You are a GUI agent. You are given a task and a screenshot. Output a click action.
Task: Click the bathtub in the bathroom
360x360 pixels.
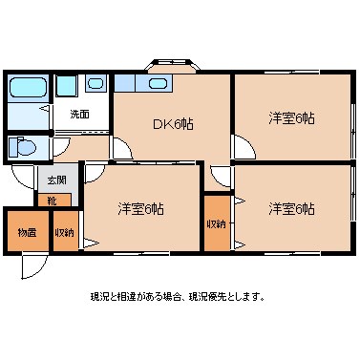click(26, 93)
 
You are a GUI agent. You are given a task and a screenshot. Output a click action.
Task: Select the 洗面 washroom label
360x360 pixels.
click(78, 115)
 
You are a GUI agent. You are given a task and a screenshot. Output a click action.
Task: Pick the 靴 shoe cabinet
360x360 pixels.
click(52, 201)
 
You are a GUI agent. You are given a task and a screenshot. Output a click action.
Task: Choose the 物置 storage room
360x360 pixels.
click(27, 232)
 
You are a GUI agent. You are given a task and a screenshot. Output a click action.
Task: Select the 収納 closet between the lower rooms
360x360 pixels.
click(217, 223)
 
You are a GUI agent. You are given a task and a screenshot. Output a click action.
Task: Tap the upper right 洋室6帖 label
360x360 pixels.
click(292, 117)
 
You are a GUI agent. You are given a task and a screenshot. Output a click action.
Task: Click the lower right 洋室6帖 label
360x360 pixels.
click(292, 208)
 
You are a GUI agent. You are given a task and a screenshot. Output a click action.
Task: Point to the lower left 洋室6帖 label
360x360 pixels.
click(140, 208)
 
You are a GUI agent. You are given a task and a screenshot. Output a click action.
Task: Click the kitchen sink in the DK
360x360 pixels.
click(158, 83)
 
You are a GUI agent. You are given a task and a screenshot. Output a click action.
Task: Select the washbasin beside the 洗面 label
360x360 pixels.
click(96, 84)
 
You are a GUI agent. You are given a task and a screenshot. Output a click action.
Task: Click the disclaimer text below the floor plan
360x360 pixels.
click(178, 296)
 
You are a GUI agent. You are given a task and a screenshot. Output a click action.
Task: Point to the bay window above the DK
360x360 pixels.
click(172, 68)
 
